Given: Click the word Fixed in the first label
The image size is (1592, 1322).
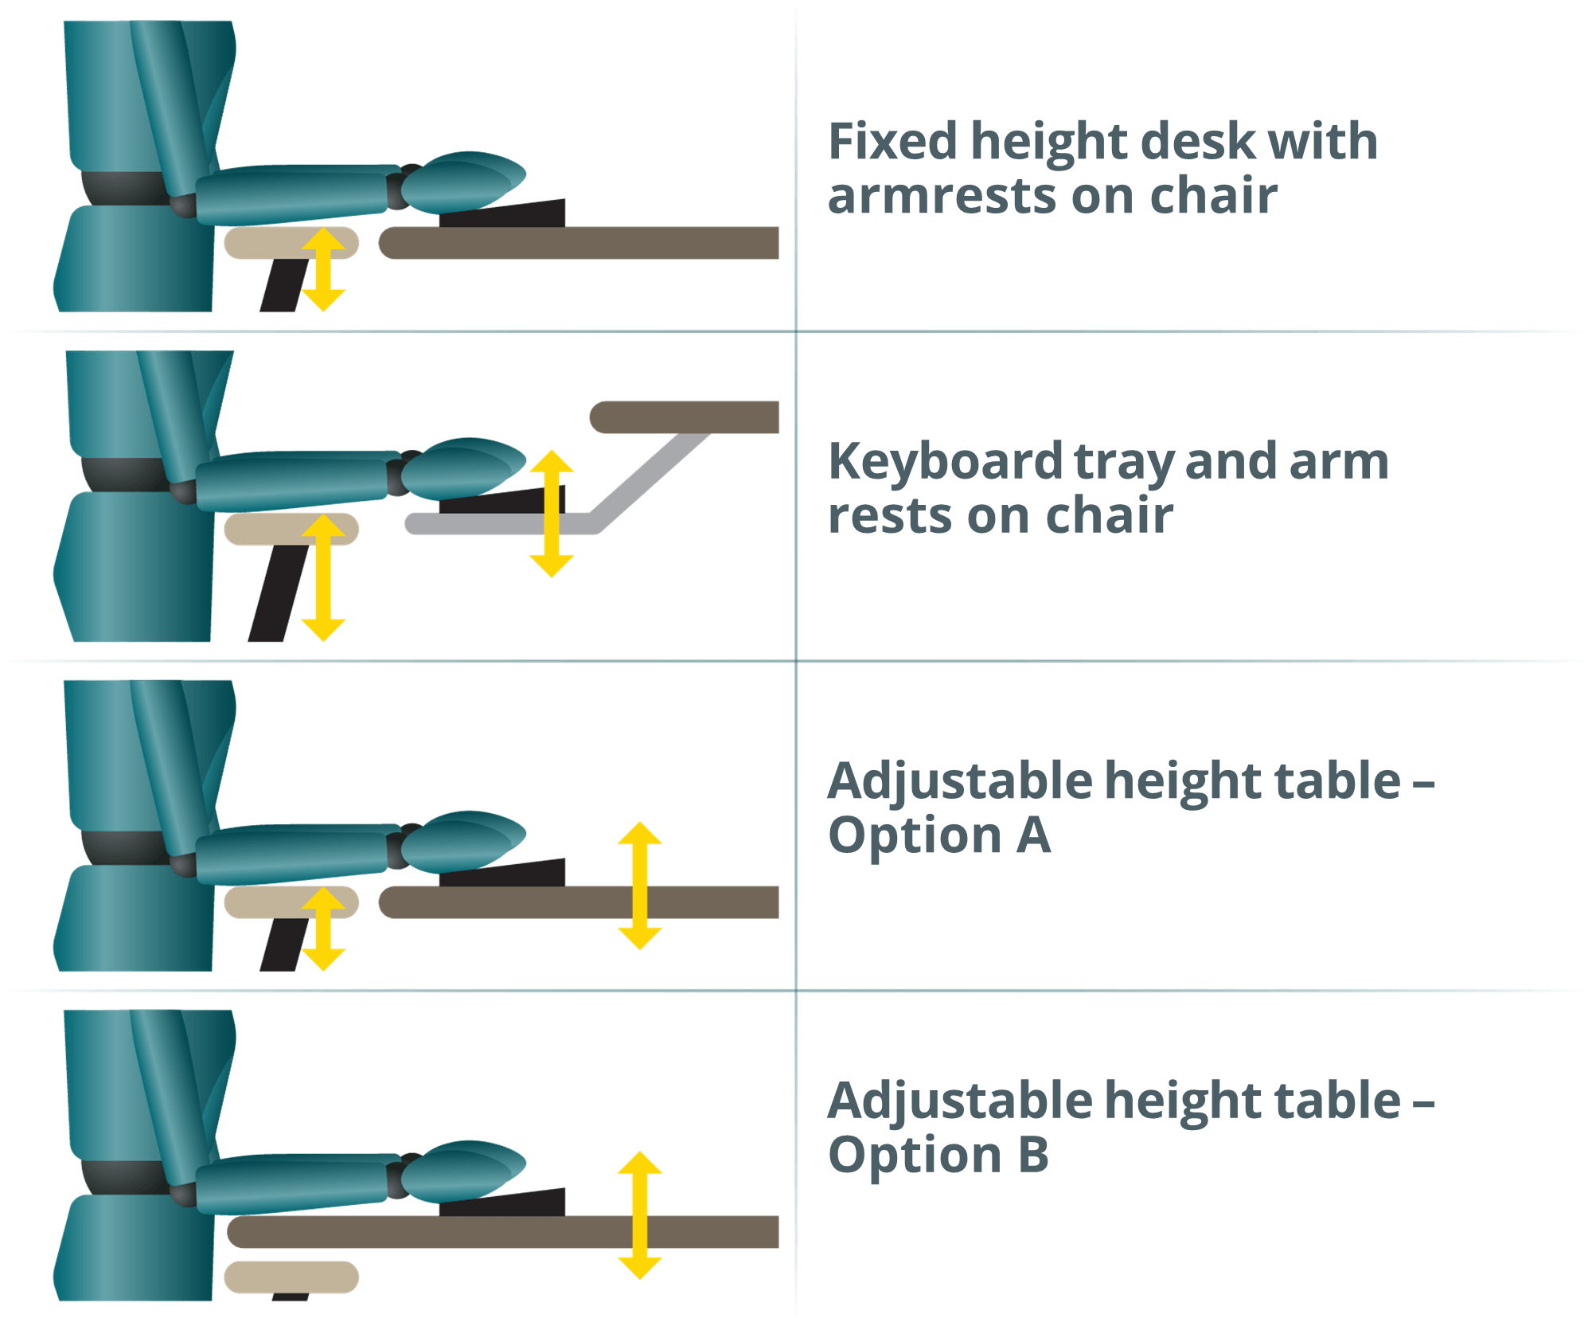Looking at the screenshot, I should tap(892, 142).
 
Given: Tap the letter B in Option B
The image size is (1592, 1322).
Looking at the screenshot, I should tap(1032, 1155).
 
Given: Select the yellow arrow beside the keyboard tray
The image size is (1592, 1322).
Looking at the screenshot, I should tap(552, 513).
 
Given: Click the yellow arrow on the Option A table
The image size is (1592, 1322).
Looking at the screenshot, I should tap(639, 885).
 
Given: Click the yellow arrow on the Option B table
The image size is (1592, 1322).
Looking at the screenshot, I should tap(639, 1215).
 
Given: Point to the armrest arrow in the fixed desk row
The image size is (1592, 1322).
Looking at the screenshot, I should tap(323, 269).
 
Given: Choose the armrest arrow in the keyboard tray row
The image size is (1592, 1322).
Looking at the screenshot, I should tap(322, 578).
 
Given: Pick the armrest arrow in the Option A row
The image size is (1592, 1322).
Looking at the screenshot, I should tap(322, 929).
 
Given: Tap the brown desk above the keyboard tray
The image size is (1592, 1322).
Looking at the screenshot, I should tap(685, 417).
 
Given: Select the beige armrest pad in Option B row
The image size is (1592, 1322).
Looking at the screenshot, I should tap(291, 1277).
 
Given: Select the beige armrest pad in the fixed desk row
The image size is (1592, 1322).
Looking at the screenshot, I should tap(263, 243).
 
